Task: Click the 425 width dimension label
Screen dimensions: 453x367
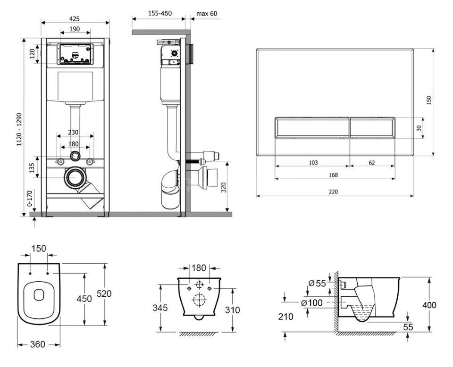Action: pos(75,19)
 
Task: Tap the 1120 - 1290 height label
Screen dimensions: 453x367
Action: pos(19,129)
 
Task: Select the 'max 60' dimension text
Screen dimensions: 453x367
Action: pos(207,14)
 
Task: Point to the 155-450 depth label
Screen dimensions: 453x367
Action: pos(160,13)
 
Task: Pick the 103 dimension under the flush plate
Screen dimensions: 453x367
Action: pos(313,163)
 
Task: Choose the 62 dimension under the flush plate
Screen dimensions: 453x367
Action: pos(372,163)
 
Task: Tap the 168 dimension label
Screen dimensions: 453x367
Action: pos(334,175)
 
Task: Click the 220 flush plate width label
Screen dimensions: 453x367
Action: pos(334,192)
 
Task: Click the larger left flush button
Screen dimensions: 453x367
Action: pos(312,128)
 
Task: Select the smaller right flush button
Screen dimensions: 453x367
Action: pos(372,128)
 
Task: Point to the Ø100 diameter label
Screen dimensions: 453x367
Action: pos(312,302)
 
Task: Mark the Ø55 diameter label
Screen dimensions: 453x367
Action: pos(317,283)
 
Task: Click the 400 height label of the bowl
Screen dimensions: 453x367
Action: pos(429,305)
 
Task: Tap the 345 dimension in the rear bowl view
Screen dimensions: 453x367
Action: pos(160,308)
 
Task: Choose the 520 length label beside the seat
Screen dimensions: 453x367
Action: pos(104,293)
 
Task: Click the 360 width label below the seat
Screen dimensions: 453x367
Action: pos(38,344)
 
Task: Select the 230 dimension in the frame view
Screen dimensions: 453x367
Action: pos(73,132)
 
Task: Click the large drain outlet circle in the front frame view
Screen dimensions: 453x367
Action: pos(75,177)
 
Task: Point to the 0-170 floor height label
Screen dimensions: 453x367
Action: pos(29,199)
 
